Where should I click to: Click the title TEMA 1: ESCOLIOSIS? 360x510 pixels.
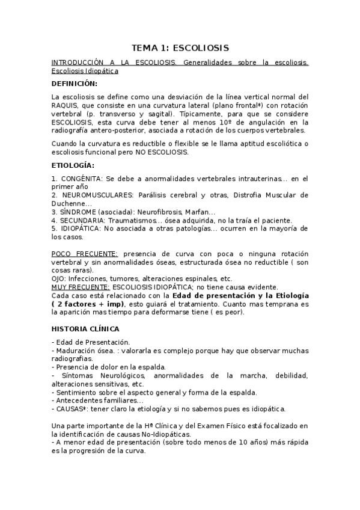[x=180, y=48]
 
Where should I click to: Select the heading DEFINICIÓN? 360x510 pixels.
[x=74, y=83]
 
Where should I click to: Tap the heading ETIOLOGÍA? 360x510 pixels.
[x=73, y=165]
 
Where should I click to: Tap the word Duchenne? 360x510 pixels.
[x=69, y=203]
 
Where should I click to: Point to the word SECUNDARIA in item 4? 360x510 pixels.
[x=81, y=220]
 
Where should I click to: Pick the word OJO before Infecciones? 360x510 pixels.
[x=59, y=278]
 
